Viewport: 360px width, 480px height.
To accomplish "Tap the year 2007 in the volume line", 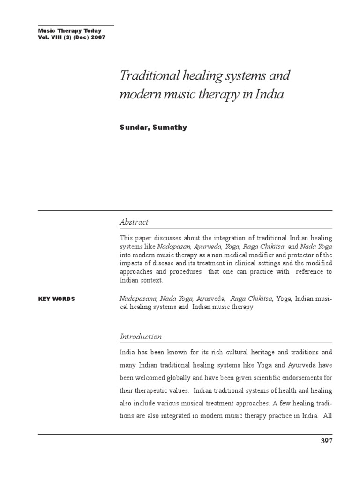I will point(97,37).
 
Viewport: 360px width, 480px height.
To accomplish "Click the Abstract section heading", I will point(134,222).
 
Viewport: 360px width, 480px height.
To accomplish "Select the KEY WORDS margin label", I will point(56,299).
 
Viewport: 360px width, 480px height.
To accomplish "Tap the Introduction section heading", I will point(141,337).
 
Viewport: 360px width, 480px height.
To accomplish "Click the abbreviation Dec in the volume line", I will point(80,37).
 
